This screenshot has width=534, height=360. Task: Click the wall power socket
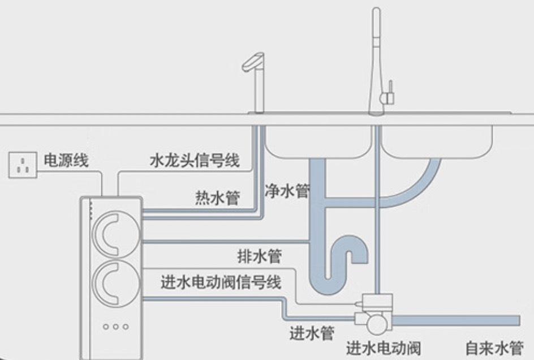(x=23, y=164)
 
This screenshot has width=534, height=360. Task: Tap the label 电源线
(x=66, y=161)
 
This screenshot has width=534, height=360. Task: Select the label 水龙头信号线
(x=194, y=161)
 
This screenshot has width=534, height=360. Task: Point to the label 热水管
(x=217, y=198)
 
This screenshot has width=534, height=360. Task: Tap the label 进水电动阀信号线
(x=221, y=281)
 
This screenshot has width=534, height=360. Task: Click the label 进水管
(x=311, y=333)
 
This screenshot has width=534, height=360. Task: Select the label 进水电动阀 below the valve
(x=383, y=347)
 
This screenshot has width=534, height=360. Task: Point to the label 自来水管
(x=494, y=347)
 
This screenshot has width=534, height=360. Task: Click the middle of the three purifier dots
(x=115, y=327)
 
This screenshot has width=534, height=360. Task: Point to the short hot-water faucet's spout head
(x=252, y=61)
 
